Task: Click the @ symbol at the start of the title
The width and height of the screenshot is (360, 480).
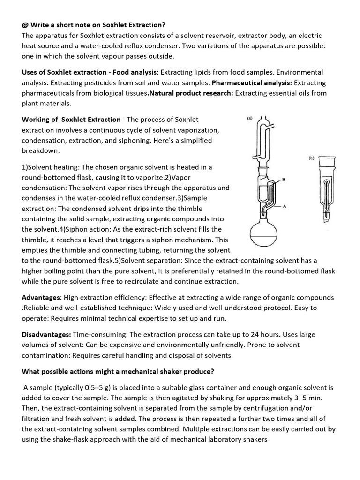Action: pos(25,25)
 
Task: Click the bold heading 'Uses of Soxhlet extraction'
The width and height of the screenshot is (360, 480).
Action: pos(64,73)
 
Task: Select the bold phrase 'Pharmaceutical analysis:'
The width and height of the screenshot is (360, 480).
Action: pos(252,83)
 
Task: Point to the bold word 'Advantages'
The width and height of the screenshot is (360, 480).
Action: pos(41,298)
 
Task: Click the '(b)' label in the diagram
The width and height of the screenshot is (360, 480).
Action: pos(311,158)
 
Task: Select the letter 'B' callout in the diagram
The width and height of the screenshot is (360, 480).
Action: pos(284,180)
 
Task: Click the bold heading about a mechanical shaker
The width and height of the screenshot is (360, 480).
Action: pos(118,372)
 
